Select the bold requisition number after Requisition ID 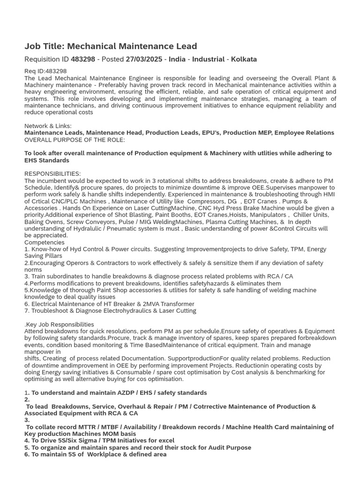pyautogui.click(x=83, y=60)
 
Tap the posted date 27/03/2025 pyautogui.click(x=144, y=60)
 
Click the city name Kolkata pyautogui.click(x=243, y=60)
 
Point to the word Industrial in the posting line pyautogui.click(x=208, y=60)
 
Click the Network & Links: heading pyautogui.click(x=48, y=126)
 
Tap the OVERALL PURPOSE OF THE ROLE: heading pyautogui.click(x=75, y=140)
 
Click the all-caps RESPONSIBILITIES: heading pyautogui.click(x=52, y=174)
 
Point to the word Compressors pyautogui.click(x=199, y=201)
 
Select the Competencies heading pyautogui.click(x=45, y=242)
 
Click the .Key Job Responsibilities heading pyautogui.click(x=59, y=324)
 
